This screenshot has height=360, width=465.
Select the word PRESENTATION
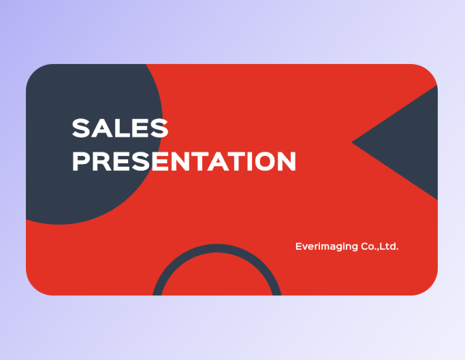[x=184, y=161]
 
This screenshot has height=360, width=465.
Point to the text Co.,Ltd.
[x=379, y=246]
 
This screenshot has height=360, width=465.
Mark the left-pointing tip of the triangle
[x=353, y=142]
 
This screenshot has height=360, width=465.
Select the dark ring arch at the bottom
[x=217, y=249]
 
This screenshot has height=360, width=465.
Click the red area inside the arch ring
[x=217, y=279]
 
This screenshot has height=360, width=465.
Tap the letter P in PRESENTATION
[x=81, y=161]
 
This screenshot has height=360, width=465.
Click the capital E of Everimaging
[x=298, y=246]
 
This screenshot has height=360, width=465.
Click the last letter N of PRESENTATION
[x=286, y=161]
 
